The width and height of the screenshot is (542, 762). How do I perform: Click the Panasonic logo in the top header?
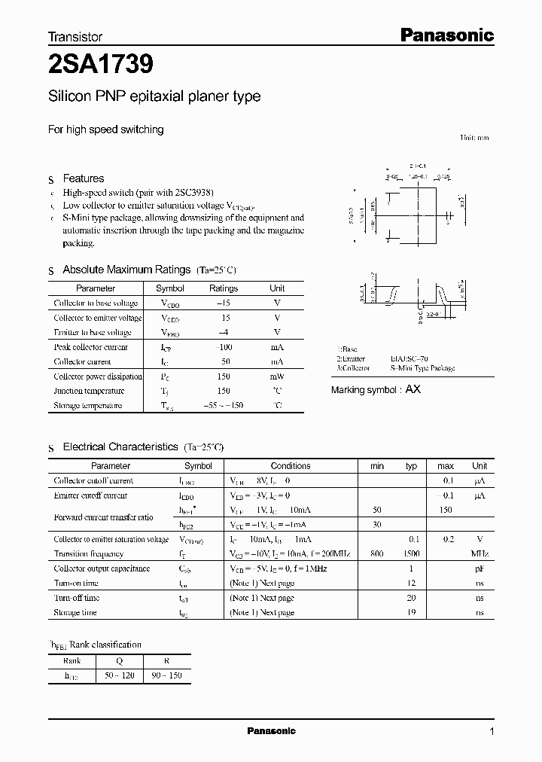tap(445, 35)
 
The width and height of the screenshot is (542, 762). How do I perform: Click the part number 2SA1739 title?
tap(101, 66)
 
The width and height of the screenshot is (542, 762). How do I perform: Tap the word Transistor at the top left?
tap(75, 36)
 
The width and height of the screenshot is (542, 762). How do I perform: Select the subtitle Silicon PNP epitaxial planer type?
tap(154, 96)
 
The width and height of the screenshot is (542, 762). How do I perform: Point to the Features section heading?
tap(83, 178)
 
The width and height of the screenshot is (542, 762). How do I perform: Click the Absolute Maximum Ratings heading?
tap(126, 270)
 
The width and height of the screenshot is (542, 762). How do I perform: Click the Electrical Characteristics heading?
tap(120, 447)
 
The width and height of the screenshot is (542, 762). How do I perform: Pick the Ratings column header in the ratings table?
tap(224, 288)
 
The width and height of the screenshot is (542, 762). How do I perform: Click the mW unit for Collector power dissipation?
tap(277, 376)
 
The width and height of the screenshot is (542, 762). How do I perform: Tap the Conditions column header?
tap(291, 466)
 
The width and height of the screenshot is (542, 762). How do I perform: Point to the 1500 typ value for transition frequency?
tap(410, 553)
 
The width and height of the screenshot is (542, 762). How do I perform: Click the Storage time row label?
tap(75, 612)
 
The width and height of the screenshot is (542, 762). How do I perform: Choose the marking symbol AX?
tap(413, 389)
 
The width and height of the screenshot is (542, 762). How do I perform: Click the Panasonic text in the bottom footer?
tap(272, 731)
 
